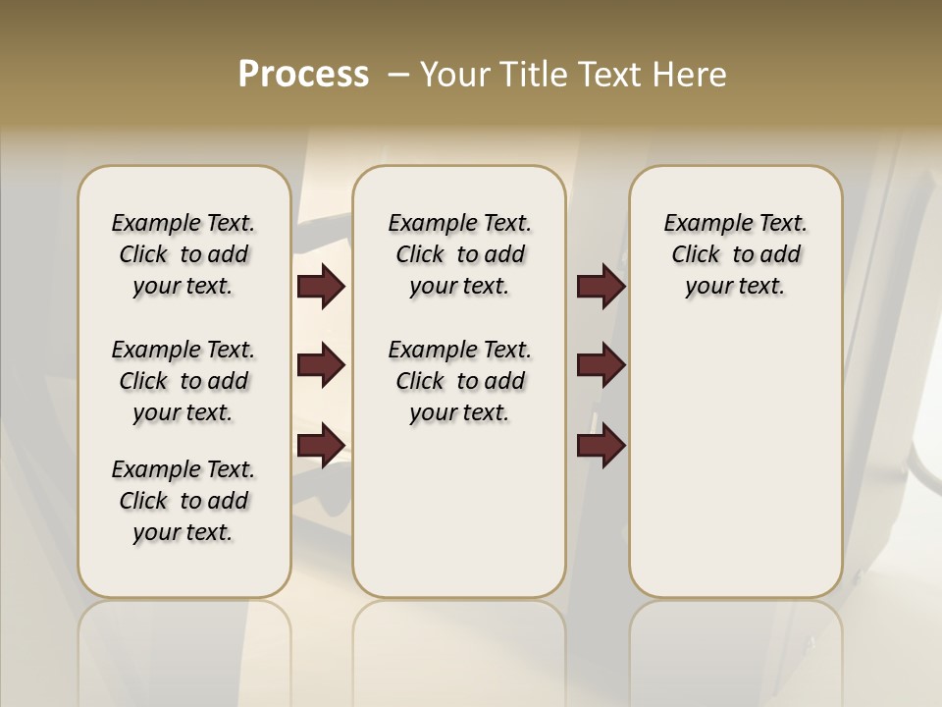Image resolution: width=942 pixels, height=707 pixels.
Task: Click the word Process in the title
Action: point(303,75)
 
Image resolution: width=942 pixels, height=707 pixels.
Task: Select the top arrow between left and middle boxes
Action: point(321,287)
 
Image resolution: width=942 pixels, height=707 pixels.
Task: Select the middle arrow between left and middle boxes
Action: point(321,365)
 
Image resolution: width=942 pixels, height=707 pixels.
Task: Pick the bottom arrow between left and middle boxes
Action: point(321,446)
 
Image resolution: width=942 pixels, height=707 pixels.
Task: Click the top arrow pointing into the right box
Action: point(601,287)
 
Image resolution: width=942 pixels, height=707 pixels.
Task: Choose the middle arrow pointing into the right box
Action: point(601,365)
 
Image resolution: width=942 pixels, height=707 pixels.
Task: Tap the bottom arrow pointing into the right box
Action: point(601,446)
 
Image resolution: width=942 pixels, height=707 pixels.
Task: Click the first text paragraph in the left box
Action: point(183,254)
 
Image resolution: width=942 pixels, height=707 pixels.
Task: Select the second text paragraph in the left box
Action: point(183,381)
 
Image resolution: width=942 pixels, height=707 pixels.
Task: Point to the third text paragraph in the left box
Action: point(183,501)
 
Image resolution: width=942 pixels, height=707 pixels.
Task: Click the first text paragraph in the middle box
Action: point(459,254)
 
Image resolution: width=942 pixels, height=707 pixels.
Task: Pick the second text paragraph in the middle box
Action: point(459,381)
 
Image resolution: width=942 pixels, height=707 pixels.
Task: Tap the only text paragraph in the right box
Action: point(735,254)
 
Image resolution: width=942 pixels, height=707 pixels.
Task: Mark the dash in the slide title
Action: point(398,75)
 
